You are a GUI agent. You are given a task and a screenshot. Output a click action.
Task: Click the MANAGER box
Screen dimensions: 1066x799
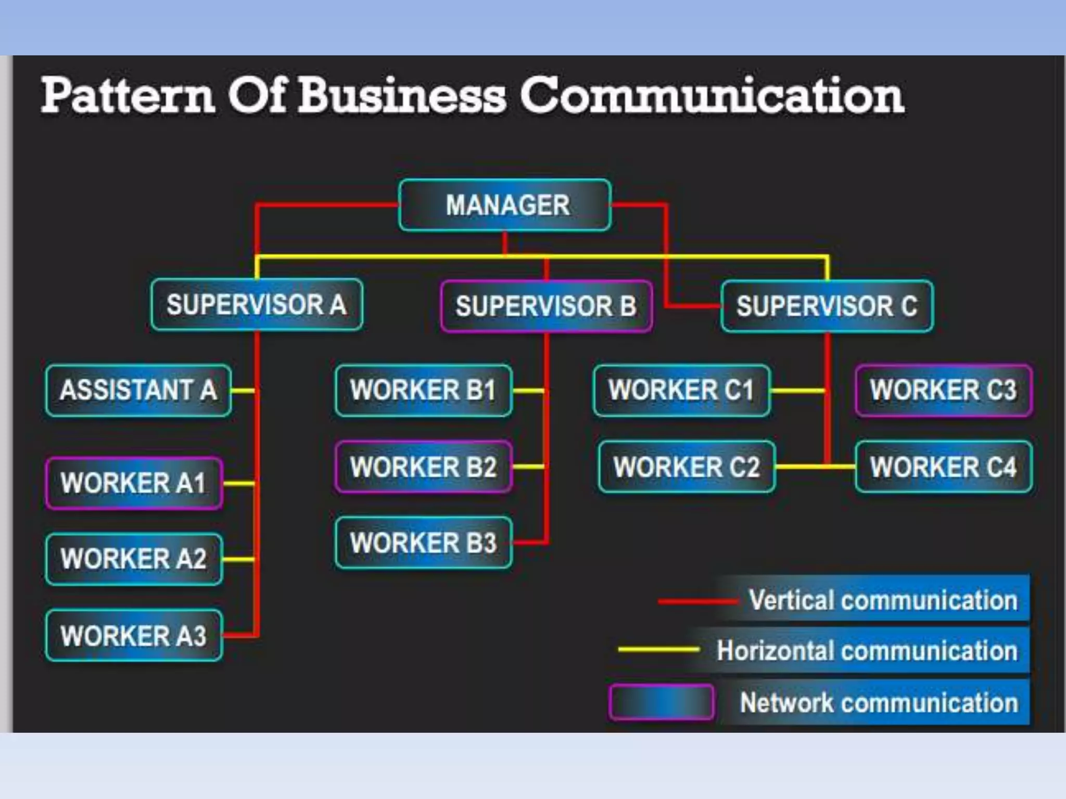click(x=505, y=205)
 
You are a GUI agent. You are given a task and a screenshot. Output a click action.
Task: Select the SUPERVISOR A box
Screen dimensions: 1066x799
click(x=257, y=305)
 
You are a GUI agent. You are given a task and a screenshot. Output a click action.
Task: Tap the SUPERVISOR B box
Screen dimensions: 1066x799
click(x=546, y=306)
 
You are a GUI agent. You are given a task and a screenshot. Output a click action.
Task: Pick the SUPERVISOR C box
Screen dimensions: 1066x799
click(x=827, y=306)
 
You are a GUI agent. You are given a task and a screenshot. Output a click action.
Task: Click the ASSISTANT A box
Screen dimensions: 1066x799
click(x=138, y=390)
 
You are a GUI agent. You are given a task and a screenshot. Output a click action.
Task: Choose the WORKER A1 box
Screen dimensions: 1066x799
click(x=134, y=483)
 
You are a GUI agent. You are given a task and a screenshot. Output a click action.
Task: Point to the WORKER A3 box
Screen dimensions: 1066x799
click(x=134, y=636)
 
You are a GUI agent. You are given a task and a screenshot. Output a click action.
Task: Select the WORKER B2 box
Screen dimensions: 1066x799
click(x=424, y=467)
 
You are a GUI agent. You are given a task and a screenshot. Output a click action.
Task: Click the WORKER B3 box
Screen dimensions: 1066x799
click(x=424, y=543)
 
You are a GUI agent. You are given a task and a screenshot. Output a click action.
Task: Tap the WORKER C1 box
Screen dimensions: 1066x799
click(x=681, y=390)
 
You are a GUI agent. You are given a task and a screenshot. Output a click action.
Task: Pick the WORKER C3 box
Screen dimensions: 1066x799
click(x=944, y=390)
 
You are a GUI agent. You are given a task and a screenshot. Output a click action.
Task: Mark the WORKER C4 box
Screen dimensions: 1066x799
click(x=944, y=467)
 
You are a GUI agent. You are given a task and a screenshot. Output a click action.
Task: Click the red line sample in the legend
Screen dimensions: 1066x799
click(x=697, y=601)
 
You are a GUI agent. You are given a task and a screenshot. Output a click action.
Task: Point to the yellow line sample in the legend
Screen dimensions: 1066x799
click(x=658, y=649)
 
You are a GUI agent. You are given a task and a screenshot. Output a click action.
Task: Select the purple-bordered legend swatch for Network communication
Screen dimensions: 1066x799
click(x=661, y=702)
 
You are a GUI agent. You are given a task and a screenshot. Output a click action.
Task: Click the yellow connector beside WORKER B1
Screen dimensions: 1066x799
click(x=528, y=390)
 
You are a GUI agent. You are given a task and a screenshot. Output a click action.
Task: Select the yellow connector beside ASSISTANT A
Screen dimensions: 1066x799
click(x=243, y=390)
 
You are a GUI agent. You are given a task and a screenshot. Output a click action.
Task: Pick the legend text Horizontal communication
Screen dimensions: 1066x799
click(x=867, y=650)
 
